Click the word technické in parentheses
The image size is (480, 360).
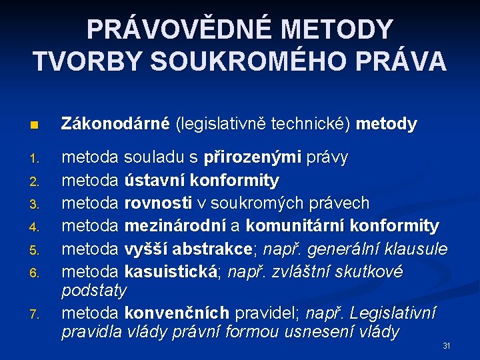[x=313, y=124]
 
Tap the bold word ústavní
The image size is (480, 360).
[x=155, y=181]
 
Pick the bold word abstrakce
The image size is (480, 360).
[x=216, y=249]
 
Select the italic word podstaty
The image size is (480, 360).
[x=93, y=291]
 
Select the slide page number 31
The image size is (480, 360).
[x=447, y=346]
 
